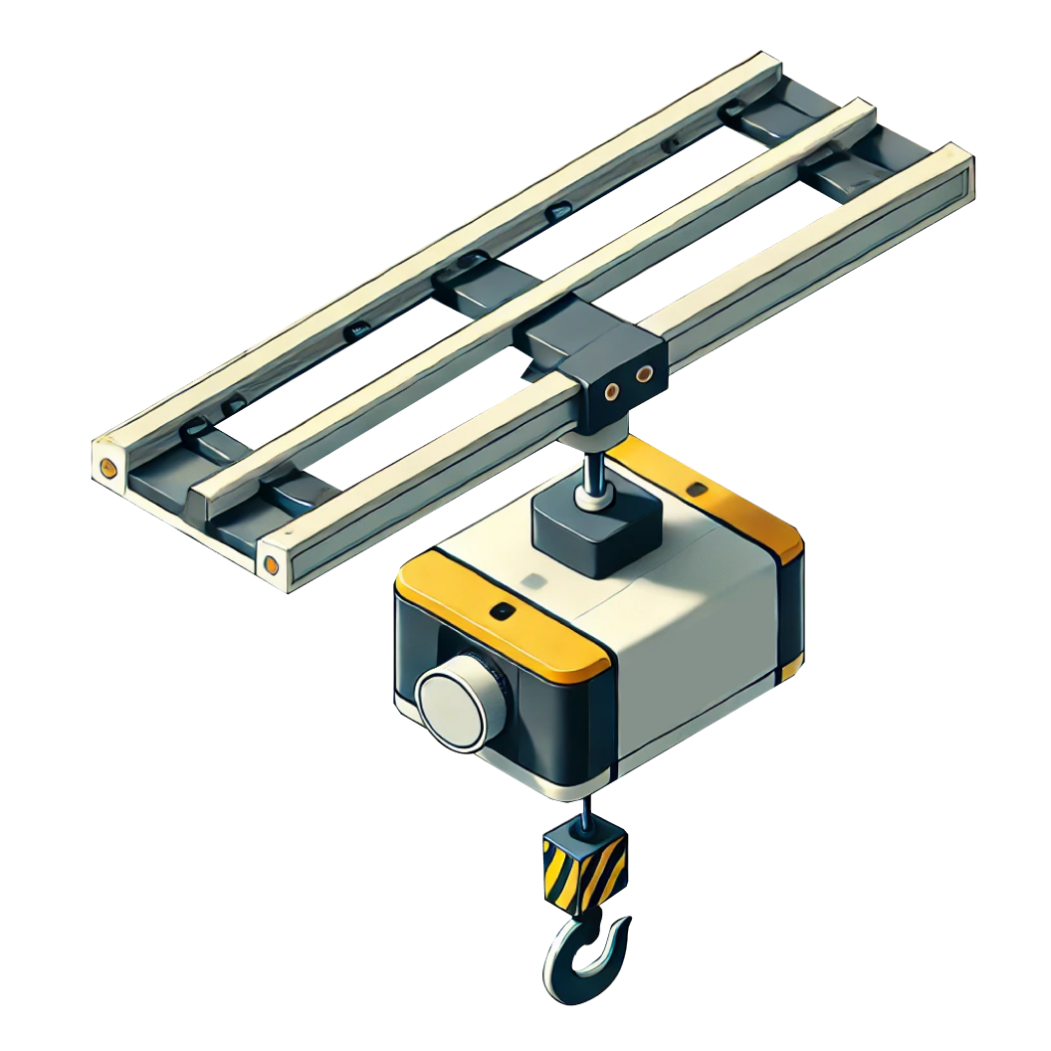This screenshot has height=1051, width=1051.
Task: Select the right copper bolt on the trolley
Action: coord(645,374)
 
